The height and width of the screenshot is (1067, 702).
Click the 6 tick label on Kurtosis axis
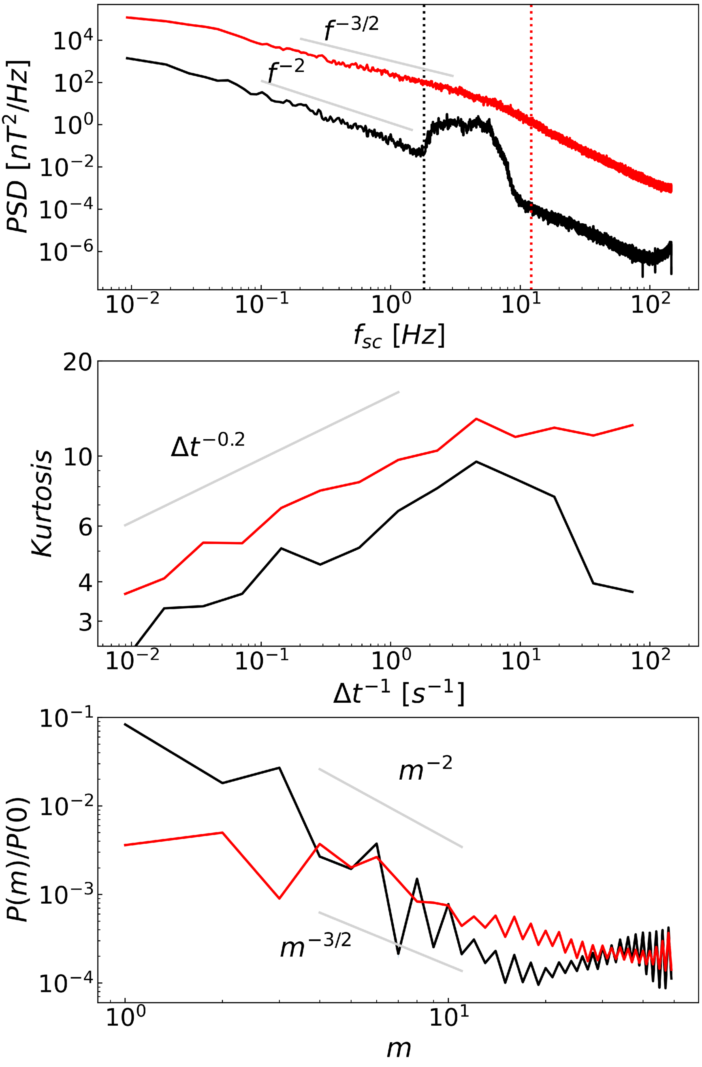click(85, 526)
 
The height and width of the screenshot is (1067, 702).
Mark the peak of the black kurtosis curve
click(476, 461)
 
